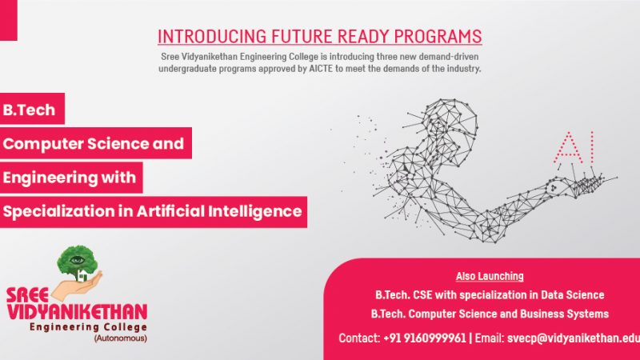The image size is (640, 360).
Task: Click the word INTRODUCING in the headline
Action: click(212, 36)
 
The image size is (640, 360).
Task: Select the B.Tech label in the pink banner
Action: click(29, 110)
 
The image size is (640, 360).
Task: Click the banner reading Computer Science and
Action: click(95, 143)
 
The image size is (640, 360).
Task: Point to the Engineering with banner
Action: click(71, 178)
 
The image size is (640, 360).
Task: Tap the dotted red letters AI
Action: click(574, 147)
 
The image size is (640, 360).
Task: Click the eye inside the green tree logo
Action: click(77, 260)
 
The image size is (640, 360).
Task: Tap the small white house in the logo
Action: click(83, 275)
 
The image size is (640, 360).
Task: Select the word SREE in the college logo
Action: click(27, 295)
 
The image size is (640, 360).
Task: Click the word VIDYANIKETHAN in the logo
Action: click(77, 312)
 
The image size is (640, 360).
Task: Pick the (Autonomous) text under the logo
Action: click(121, 338)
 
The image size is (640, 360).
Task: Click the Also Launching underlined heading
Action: click(490, 276)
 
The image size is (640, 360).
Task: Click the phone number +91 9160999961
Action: click(425, 338)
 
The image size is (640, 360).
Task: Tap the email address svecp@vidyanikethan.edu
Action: click(573, 338)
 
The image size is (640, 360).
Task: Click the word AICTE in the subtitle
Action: click(321, 69)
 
